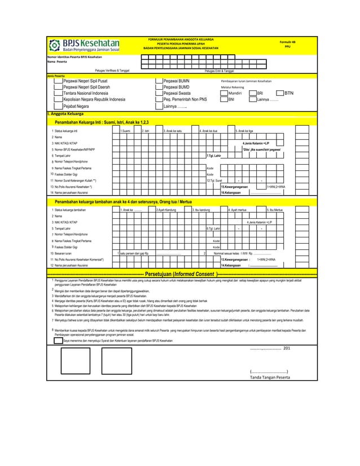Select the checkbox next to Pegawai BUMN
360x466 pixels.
159,81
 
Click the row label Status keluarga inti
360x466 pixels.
65,130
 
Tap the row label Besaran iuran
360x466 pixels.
63,253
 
